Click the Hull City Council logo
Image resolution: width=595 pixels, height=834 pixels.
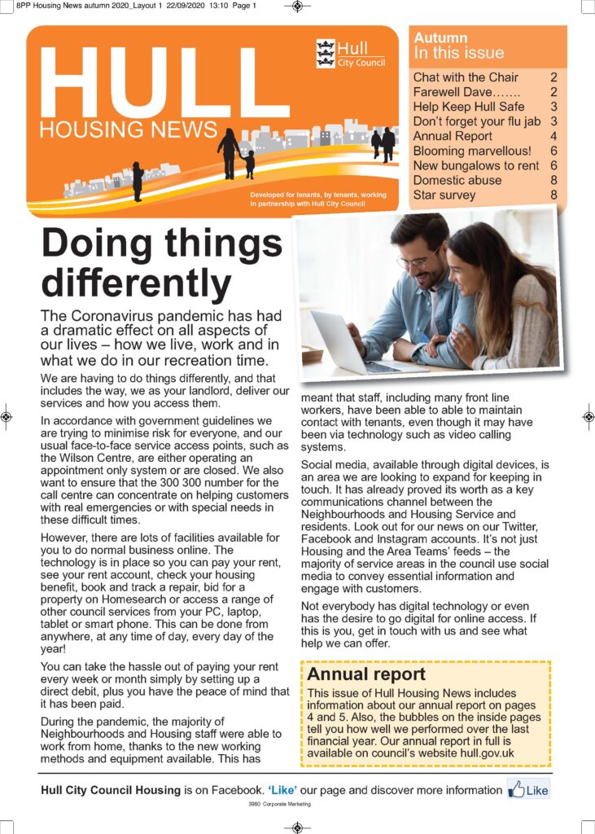350,53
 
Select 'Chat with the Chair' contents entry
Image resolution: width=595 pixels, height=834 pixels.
466,77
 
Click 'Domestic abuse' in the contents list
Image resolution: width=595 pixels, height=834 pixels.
457,180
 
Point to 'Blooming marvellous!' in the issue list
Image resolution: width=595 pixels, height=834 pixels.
471,151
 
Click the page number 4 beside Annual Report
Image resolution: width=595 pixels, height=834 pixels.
553,136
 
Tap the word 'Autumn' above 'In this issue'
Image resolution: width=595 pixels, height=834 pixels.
440,37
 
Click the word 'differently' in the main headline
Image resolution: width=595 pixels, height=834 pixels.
137,283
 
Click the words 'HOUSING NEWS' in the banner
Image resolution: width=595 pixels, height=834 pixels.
128,130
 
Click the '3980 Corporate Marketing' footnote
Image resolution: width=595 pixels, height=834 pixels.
279,804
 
